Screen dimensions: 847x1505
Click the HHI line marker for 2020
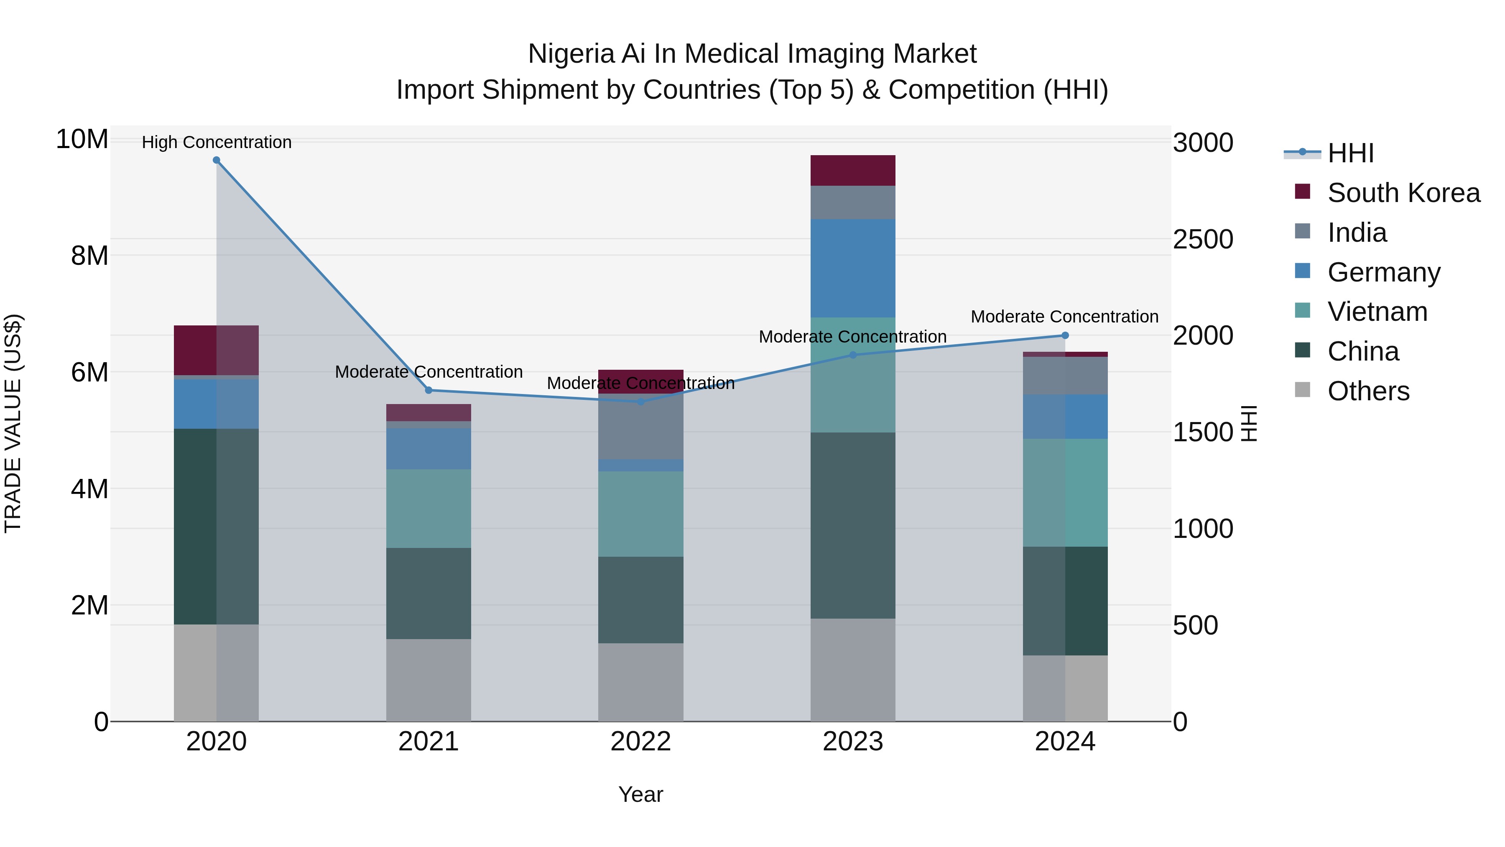(x=216, y=160)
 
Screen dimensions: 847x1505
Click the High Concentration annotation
(x=216, y=142)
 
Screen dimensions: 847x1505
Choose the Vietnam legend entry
(x=1377, y=312)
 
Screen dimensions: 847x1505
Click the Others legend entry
(x=1368, y=391)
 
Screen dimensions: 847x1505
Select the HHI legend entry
(x=1350, y=153)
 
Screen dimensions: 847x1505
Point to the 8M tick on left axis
(x=89, y=256)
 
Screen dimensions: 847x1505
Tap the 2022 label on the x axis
(x=640, y=742)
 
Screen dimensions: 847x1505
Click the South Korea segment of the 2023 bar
(x=852, y=171)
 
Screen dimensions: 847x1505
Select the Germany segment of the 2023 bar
(x=852, y=268)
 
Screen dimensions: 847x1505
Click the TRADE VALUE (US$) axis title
(x=13, y=423)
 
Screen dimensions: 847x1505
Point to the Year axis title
(x=640, y=794)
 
